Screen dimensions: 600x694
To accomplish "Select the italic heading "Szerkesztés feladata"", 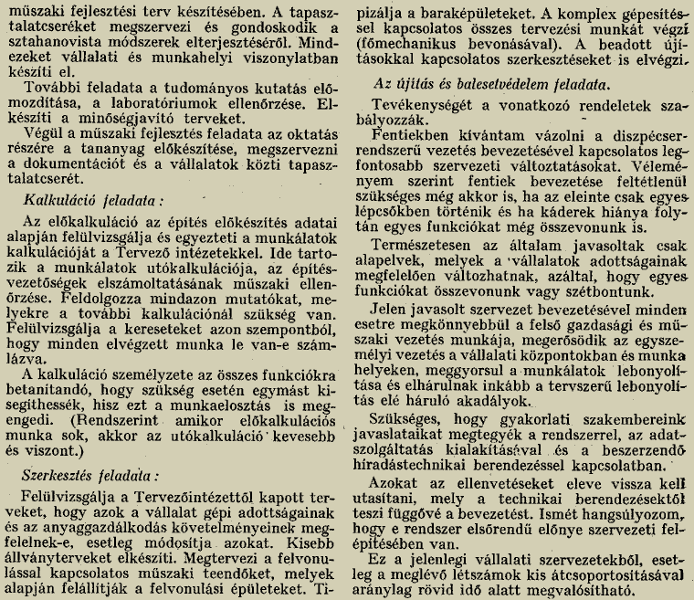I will pos(90,476).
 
